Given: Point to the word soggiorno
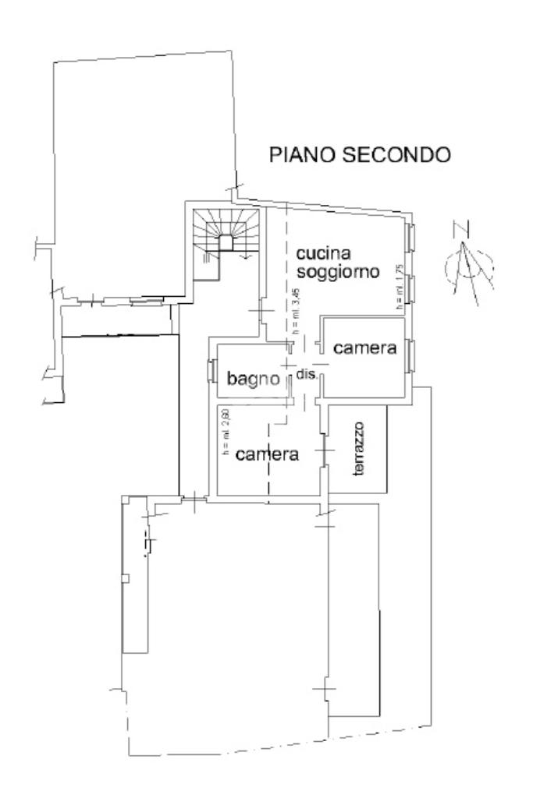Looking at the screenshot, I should point(338,273).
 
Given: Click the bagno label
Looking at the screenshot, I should point(253,379).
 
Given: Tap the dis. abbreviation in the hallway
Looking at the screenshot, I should point(305,375).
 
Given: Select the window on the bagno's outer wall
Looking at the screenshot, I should point(211,373).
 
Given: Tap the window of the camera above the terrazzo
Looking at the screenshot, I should point(410,355).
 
